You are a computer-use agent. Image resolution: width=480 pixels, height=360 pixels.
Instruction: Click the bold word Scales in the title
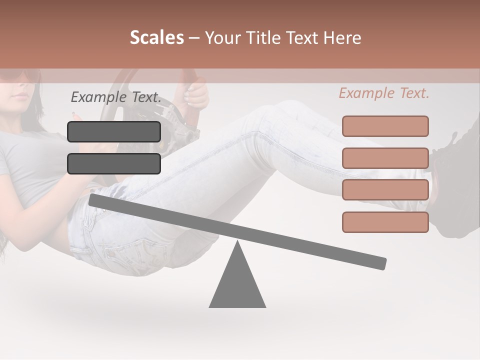[x=156, y=38]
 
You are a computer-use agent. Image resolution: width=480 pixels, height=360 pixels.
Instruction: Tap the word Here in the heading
[x=342, y=38]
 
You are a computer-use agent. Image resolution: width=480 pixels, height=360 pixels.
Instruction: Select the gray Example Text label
[x=116, y=97]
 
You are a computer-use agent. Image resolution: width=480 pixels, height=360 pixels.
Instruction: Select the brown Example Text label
[x=384, y=93]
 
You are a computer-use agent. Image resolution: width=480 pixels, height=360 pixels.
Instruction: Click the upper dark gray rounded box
[x=114, y=131]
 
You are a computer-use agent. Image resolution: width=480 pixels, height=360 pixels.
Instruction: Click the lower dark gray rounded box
[x=114, y=163]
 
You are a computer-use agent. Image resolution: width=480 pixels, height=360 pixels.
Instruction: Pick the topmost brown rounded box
[x=385, y=126]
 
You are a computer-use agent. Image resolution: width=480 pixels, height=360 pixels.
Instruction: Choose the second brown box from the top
[x=385, y=158]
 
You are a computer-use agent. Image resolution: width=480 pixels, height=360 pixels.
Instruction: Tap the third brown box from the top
[x=385, y=190]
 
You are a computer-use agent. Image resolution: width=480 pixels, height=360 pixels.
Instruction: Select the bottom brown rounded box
[x=385, y=222]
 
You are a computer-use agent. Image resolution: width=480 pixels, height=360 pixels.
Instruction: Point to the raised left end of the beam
[x=95, y=200]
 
